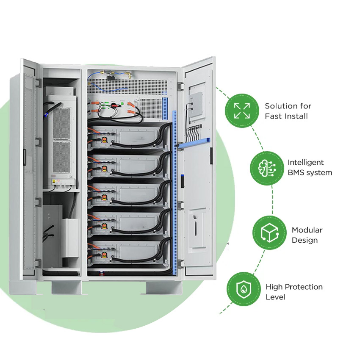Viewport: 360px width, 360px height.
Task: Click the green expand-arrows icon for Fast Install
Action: point(242,111)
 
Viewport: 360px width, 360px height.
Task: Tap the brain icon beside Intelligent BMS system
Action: point(267,168)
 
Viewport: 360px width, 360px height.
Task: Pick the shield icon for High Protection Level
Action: point(243,289)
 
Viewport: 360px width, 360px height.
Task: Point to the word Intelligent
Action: point(305,162)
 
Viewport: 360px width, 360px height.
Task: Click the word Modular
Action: point(307,230)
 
